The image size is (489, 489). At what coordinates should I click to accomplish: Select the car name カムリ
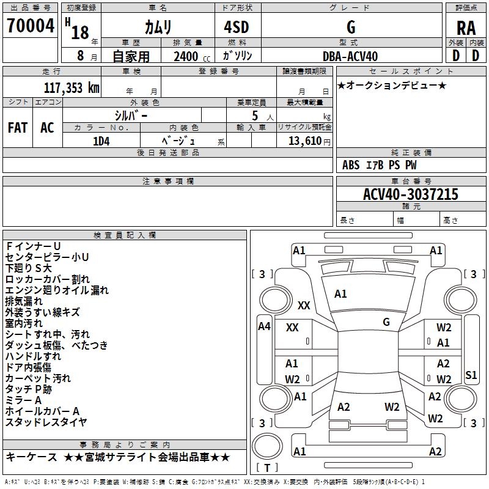158,28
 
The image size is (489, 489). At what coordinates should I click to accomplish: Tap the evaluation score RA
466,28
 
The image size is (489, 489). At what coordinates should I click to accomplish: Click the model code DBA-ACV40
350,56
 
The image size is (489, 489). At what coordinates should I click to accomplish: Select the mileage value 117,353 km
72,87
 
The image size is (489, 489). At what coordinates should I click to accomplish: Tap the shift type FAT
17,127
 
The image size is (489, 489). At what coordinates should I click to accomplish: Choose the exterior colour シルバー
131,115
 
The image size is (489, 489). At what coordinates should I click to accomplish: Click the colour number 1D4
101,140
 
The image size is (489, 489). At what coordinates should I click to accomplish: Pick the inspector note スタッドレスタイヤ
46,422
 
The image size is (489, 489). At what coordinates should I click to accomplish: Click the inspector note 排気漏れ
24,301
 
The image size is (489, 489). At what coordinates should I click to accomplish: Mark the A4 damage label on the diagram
264,326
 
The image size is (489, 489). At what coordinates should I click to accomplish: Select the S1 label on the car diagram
471,375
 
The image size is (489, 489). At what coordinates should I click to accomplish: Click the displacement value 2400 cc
191,56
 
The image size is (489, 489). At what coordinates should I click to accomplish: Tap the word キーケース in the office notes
32,457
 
